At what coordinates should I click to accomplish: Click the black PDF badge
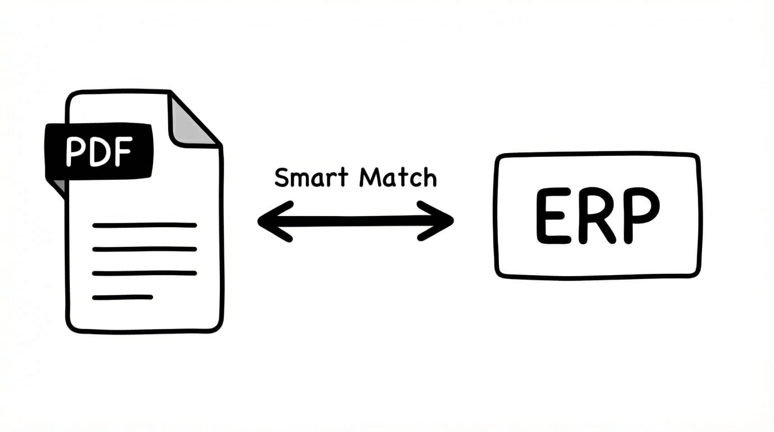click(98, 151)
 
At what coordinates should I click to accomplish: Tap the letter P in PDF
click(75, 151)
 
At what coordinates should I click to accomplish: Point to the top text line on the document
click(145, 225)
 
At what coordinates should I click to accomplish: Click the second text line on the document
click(145, 249)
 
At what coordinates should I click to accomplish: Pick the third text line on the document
click(145, 273)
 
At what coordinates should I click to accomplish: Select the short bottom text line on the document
click(123, 297)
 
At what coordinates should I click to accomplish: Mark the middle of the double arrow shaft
click(355, 221)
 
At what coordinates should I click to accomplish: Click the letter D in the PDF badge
click(98, 151)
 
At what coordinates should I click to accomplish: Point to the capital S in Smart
click(282, 178)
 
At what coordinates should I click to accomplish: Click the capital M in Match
click(370, 178)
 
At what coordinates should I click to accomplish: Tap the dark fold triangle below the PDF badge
click(58, 187)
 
